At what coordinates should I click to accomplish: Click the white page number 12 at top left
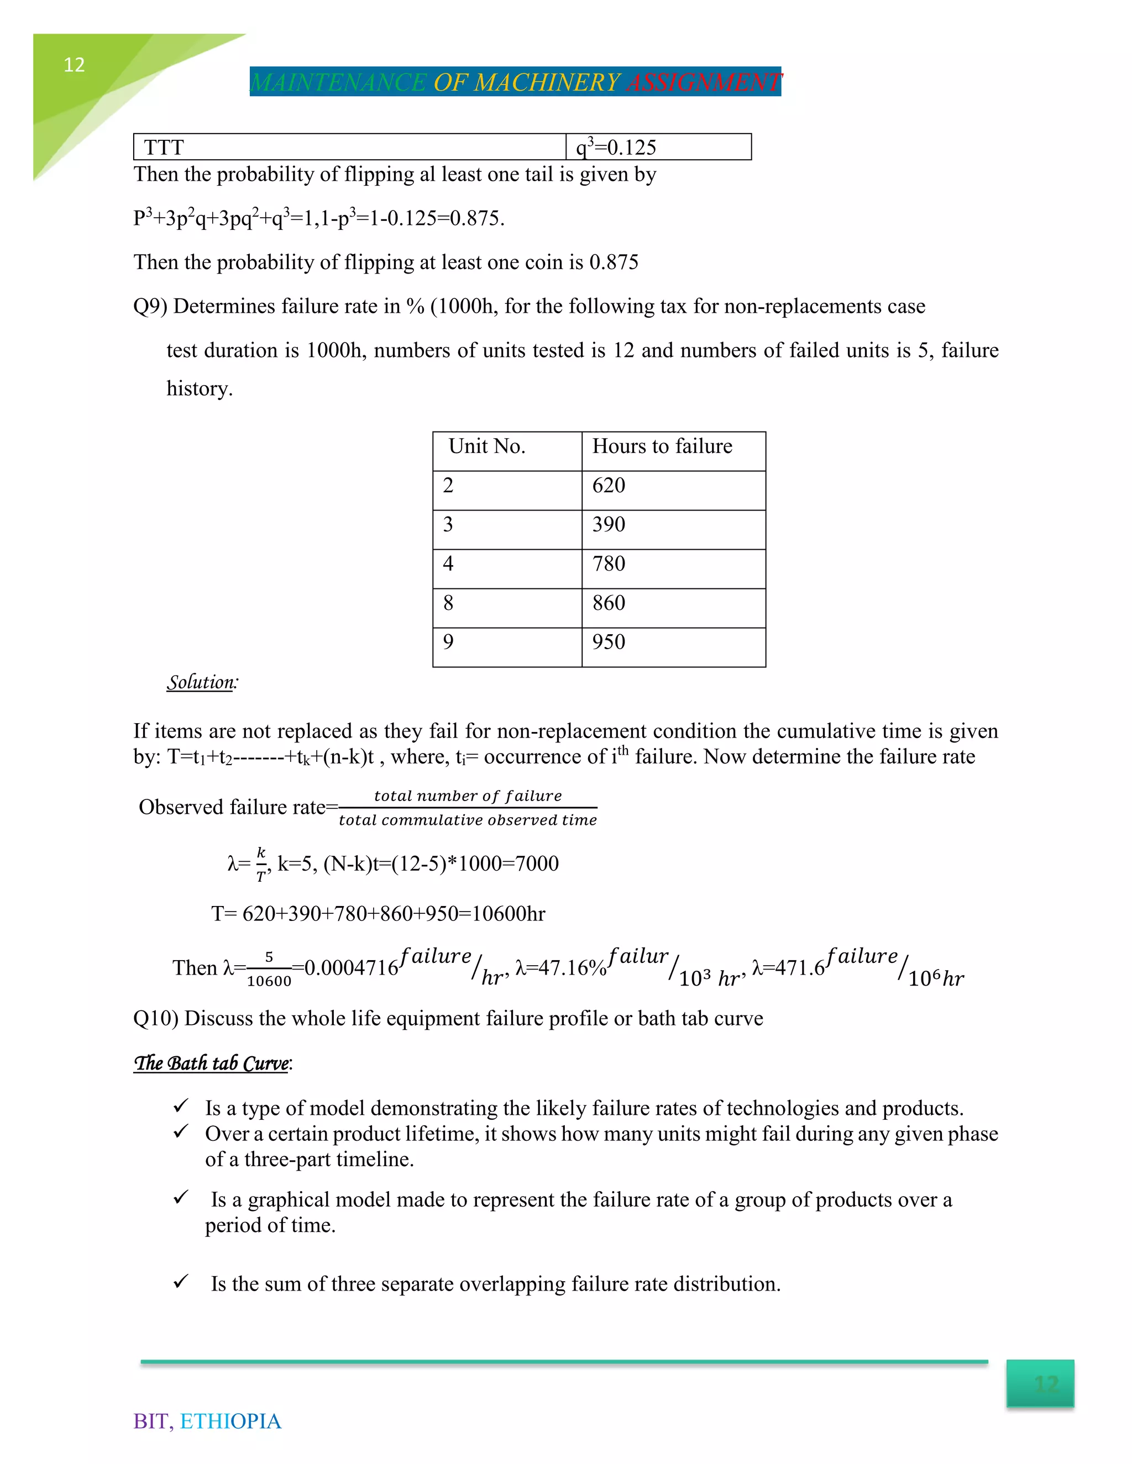(x=74, y=65)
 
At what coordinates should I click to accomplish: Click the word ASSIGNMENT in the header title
(x=704, y=82)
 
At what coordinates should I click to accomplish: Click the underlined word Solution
(x=201, y=682)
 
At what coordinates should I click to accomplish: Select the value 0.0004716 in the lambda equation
(x=352, y=968)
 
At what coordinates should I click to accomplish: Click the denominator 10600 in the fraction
(x=269, y=981)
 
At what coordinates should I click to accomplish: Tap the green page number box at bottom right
(x=1040, y=1383)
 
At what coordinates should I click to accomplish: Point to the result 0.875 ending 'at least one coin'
(x=614, y=262)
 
